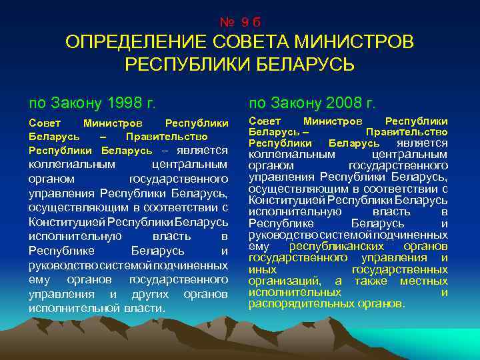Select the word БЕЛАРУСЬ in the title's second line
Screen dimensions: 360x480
(301, 65)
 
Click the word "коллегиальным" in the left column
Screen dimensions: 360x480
(72, 164)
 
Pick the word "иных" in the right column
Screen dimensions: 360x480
(263, 269)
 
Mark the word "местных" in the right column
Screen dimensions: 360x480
(424, 281)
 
